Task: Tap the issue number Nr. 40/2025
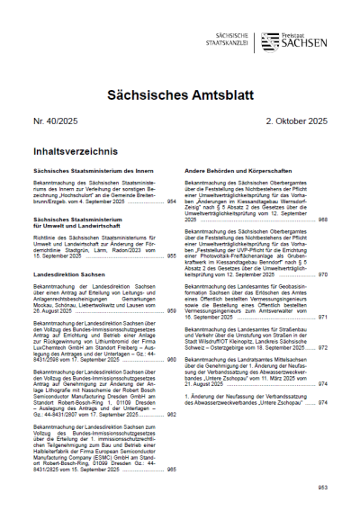57,120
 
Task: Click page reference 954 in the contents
170,202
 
